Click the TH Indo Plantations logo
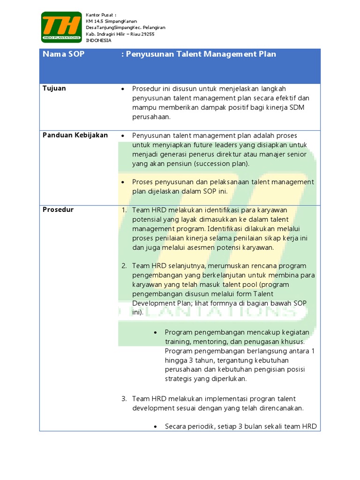pyautogui.click(x=60, y=27)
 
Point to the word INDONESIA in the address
pyautogui.click(x=99, y=40)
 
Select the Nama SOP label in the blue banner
pyautogui.click(x=64, y=54)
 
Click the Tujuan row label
pyautogui.click(x=54, y=89)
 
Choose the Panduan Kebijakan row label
pyautogui.click(x=75, y=135)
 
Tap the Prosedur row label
pyautogui.click(x=58, y=210)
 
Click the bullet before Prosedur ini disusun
pyautogui.click(x=122, y=89)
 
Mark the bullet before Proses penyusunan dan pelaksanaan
pyautogui.click(x=122, y=182)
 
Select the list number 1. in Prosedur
pyautogui.click(x=124, y=210)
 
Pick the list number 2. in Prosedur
pyautogui.click(x=124, y=266)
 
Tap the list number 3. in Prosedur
pyautogui.click(x=124, y=399)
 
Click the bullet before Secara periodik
pyautogui.click(x=156, y=427)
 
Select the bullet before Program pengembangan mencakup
pyautogui.click(x=156, y=332)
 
